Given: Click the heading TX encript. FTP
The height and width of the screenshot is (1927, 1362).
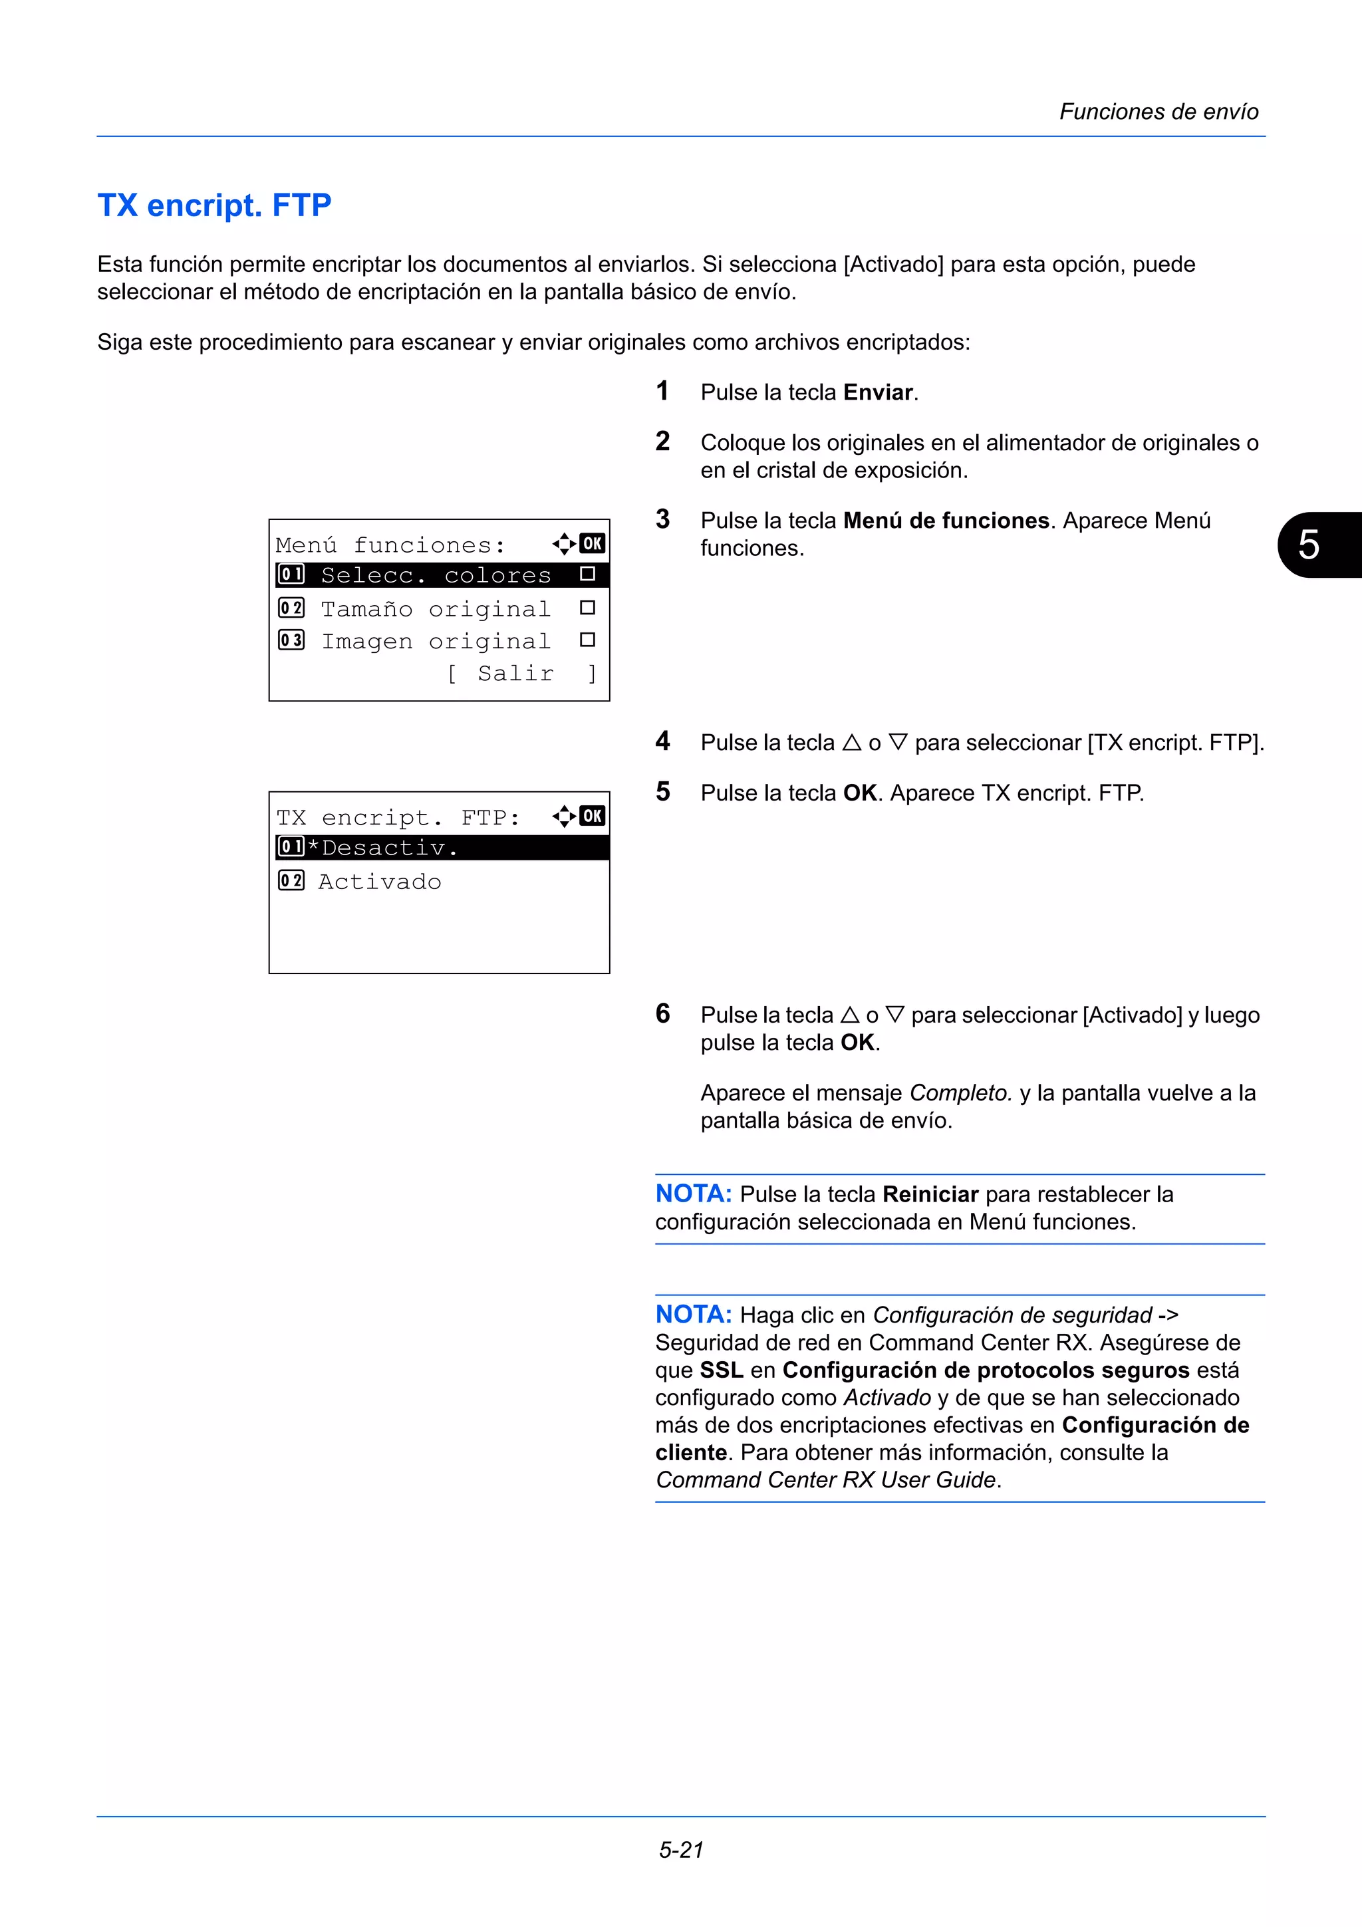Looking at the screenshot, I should [214, 205].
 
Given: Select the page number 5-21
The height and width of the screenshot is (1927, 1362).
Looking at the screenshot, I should [680, 1850].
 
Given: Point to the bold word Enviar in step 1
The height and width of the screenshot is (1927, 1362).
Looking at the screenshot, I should [878, 393].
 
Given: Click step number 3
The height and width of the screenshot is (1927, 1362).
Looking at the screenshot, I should [663, 519].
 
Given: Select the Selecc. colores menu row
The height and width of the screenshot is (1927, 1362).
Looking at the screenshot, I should [436, 576].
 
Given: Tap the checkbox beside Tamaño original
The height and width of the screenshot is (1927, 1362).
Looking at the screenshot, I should [587, 608].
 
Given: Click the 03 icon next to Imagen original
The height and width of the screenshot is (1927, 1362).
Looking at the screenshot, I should [291, 640].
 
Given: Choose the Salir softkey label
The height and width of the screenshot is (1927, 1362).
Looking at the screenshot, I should [515, 673].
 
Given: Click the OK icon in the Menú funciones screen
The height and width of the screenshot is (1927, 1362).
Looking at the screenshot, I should [593, 544].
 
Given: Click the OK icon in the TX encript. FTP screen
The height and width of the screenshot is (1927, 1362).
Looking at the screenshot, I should [593, 816].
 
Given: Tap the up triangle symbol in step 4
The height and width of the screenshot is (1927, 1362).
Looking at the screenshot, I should [852, 743].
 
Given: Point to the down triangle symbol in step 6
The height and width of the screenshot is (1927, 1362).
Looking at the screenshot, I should [894, 1015].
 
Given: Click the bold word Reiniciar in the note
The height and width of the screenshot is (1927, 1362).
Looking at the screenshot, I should [930, 1194].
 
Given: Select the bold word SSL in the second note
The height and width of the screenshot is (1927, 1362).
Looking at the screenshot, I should [721, 1370].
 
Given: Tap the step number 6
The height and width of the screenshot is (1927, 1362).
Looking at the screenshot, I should [663, 1014].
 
